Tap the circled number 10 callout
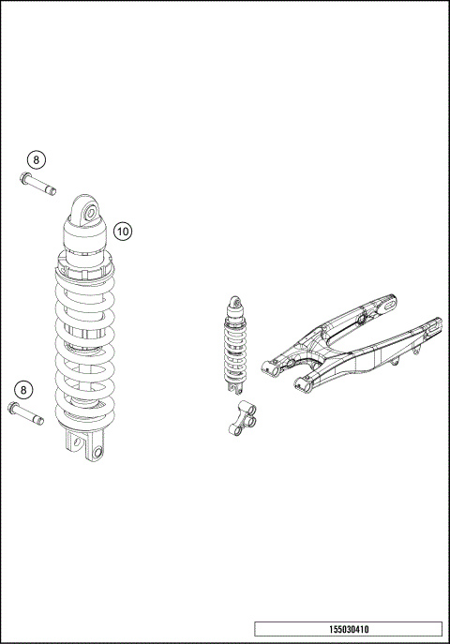[x=124, y=230]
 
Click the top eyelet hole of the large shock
[x=90, y=212]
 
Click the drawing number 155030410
[x=348, y=630]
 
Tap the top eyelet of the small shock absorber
[x=236, y=303]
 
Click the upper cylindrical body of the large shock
[x=88, y=239]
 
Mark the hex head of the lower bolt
[x=13, y=407]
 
